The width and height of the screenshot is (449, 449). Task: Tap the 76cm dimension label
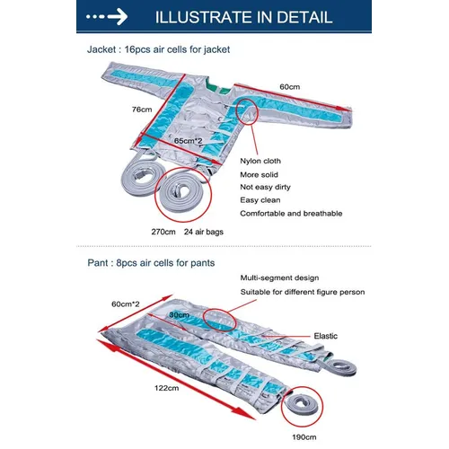142,110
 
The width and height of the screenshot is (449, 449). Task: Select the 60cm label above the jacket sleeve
290,87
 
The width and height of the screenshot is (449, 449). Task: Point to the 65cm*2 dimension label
189,140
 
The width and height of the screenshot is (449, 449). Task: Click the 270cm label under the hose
163,232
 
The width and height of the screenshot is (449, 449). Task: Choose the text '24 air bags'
204,232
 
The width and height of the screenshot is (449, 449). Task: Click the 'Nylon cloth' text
260,161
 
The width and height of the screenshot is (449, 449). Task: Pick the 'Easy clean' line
260,200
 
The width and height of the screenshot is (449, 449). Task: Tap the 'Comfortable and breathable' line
291,214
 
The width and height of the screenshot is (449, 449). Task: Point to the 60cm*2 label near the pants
126,304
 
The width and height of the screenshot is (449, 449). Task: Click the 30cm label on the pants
179,315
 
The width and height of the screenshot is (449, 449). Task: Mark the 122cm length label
167,388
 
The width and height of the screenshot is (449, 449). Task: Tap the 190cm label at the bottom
304,437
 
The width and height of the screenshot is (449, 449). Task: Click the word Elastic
326,336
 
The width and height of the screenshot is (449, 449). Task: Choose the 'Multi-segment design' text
279,278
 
